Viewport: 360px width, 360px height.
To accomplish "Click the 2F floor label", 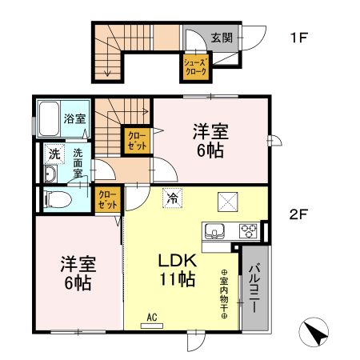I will click(x=301, y=214).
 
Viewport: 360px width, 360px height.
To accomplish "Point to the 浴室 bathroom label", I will click(x=75, y=119).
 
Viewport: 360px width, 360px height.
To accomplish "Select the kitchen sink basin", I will click(x=214, y=232).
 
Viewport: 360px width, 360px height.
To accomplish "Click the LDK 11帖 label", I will click(x=176, y=270).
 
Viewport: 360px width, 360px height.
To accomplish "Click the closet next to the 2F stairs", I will click(x=134, y=142).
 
